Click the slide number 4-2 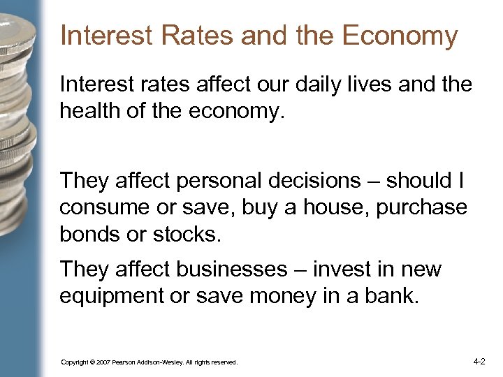pos(479,362)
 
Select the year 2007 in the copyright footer pos(102,362)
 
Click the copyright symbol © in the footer pos(89,362)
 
